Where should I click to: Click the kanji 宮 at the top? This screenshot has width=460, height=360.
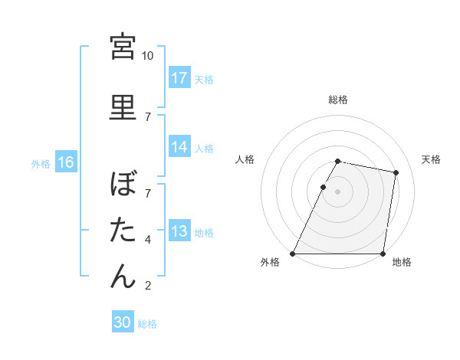coord(123,47)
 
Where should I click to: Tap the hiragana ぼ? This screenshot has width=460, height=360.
coord(123,185)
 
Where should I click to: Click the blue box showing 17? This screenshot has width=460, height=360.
coord(179,78)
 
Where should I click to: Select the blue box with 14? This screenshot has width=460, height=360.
coord(179,147)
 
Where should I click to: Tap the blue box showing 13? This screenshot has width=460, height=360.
coord(179,231)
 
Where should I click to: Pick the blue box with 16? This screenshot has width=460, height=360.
coord(66,162)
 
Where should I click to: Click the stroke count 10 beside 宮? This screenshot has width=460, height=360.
coord(148,56)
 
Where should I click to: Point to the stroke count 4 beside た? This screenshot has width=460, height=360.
coord(148,240)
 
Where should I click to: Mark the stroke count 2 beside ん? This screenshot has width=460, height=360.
coord(148,286)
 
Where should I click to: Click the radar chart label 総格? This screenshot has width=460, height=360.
coord(338,100)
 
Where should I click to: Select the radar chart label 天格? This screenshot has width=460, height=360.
coord(431,159)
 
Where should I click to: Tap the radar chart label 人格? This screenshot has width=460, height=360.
coord(245,159)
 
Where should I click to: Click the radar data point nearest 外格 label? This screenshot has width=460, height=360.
coord(293,254)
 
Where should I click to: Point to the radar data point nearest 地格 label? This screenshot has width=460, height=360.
coord(383,254)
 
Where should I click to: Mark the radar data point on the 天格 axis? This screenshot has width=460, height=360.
coord(396,173)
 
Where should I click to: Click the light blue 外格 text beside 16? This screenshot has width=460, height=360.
coord(41,163)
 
